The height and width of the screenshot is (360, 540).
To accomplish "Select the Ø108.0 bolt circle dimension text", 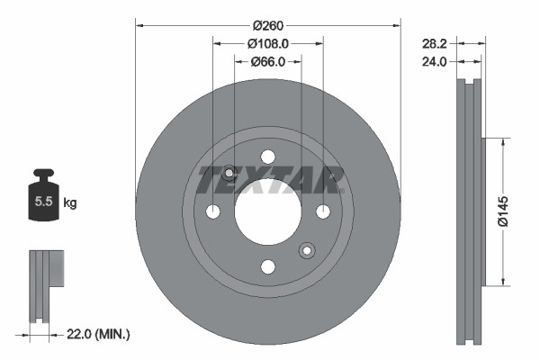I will [267, 42].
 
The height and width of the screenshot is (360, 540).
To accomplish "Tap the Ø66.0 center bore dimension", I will [267, 61].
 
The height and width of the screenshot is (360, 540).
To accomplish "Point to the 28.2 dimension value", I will [435, 42].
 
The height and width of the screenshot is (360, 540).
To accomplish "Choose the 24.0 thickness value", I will [435, 61].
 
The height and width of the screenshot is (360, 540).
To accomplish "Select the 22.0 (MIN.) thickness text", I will [99, 334].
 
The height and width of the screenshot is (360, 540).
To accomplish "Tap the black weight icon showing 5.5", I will [44, 197].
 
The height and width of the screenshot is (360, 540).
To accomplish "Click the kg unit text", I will [70, 203].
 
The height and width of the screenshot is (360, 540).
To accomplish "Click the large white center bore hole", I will [267, 212].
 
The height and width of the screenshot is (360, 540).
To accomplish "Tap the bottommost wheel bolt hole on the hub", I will [267, 266].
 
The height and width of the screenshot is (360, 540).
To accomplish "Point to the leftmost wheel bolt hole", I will [213, 212].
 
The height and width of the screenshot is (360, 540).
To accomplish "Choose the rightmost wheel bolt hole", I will [322, 212].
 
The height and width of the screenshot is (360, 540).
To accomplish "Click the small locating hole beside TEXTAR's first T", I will [229, 173].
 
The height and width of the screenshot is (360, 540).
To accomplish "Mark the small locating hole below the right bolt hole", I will [307, 250].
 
